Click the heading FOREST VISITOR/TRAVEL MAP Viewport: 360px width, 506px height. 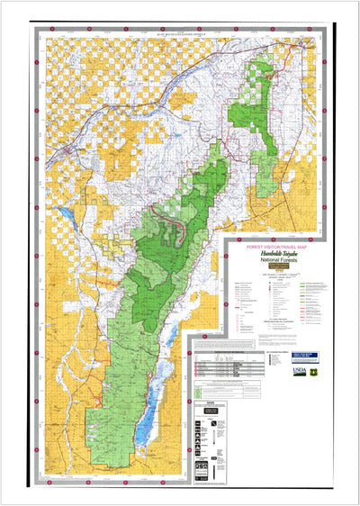[278, 245]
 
